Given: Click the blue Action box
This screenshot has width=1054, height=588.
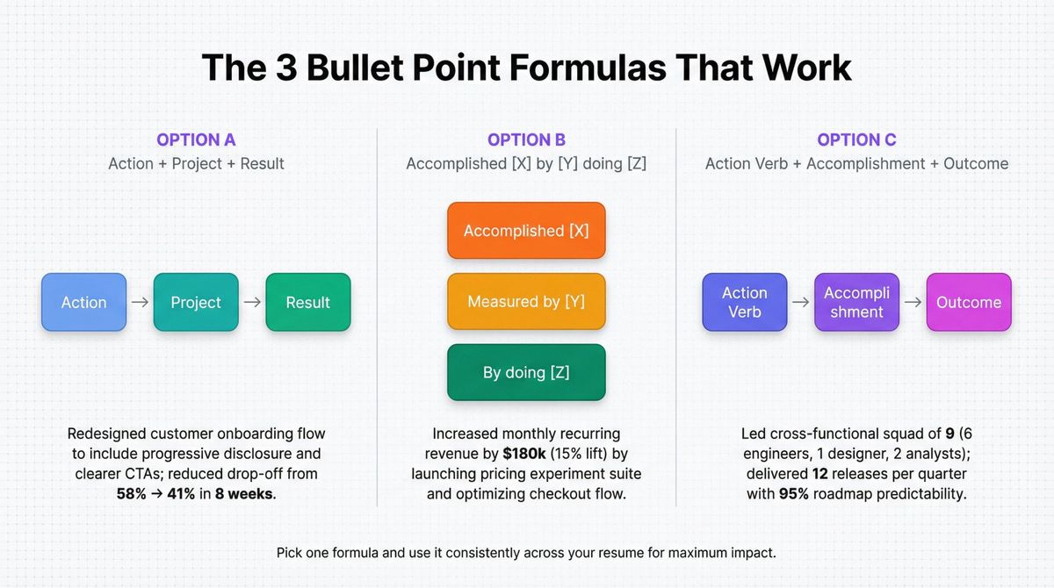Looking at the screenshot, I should click(x=83, y=302).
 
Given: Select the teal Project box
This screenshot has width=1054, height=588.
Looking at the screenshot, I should click(x=196, y=302).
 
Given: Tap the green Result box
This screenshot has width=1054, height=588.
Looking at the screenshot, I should click(x=308, y=302).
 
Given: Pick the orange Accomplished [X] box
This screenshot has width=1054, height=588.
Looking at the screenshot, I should click(x=526, y=231).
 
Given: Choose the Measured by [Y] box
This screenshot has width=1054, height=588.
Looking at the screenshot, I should click(x=526, y=301).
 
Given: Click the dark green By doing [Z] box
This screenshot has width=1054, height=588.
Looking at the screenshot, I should click(x=526, y=372).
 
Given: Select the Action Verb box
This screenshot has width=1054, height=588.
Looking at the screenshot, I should click(x=744, y=302).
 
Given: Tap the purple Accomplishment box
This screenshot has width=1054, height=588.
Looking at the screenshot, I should click(x=856, y=302).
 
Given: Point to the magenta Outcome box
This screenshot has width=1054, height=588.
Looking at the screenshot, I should click(x=969, y=302).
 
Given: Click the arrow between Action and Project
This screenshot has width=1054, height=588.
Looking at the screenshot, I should click(x=140, y=302).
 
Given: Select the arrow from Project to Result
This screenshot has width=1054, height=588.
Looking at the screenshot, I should click(x=252, y=302).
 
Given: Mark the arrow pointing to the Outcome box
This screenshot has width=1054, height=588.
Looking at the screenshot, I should click(x=913, y=302).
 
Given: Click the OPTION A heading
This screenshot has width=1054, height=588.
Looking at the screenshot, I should click(x=196, y=140).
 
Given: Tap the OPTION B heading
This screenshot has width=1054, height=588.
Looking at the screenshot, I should click(x=526, y=140).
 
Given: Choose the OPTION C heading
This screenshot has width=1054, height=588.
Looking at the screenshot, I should click(x=856, y=140).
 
